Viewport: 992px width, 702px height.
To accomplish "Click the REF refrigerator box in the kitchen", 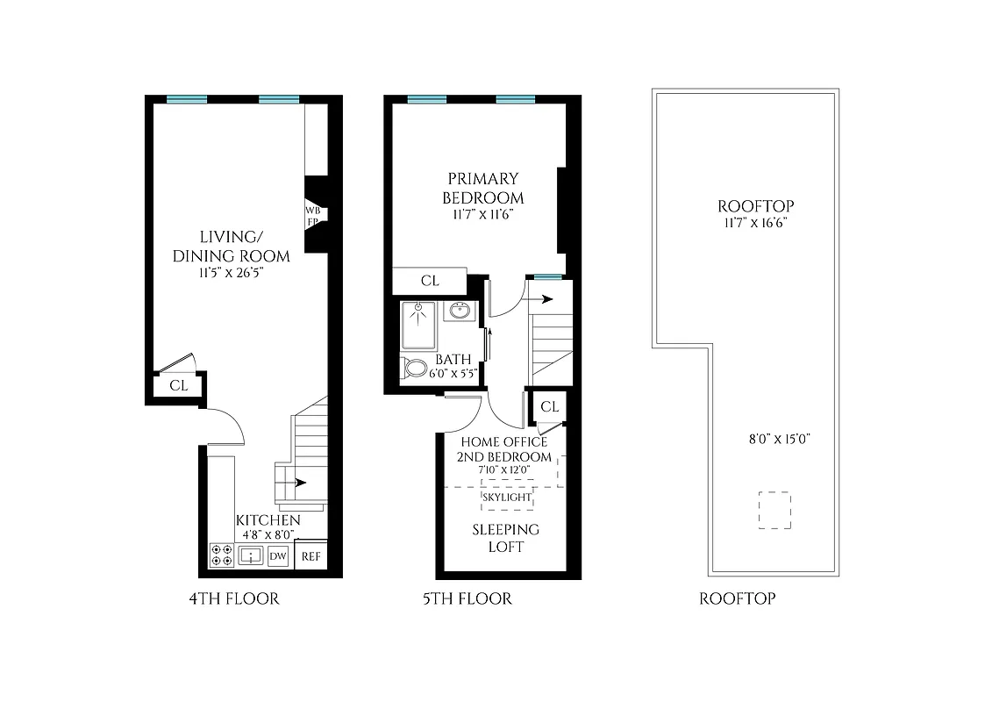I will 310,556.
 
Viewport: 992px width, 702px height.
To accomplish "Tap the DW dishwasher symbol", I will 278,556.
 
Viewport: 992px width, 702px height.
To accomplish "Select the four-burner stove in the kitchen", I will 221,556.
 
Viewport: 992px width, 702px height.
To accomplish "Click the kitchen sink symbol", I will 250,556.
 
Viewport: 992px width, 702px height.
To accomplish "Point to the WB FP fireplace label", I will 312,216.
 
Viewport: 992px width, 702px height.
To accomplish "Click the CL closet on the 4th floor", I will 178,384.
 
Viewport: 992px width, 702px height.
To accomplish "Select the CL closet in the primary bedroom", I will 430,281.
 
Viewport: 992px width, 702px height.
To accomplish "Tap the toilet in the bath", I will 415,367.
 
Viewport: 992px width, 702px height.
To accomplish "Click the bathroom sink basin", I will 459,312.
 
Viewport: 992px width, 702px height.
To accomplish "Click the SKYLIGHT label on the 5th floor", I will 507,498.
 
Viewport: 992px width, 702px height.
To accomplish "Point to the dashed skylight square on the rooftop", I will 774,511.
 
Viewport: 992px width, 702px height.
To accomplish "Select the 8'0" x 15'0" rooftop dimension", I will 773,440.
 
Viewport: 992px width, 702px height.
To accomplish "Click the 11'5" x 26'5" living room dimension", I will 232,273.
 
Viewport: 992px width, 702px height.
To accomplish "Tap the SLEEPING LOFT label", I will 506,538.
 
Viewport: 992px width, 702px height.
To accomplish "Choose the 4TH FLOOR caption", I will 234,599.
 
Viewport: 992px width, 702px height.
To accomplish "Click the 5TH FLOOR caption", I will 467,599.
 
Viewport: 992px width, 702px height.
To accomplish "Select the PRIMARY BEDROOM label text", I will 483,188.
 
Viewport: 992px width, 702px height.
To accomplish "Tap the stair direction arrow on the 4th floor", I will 300,482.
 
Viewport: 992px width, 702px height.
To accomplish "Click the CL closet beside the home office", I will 550,406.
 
